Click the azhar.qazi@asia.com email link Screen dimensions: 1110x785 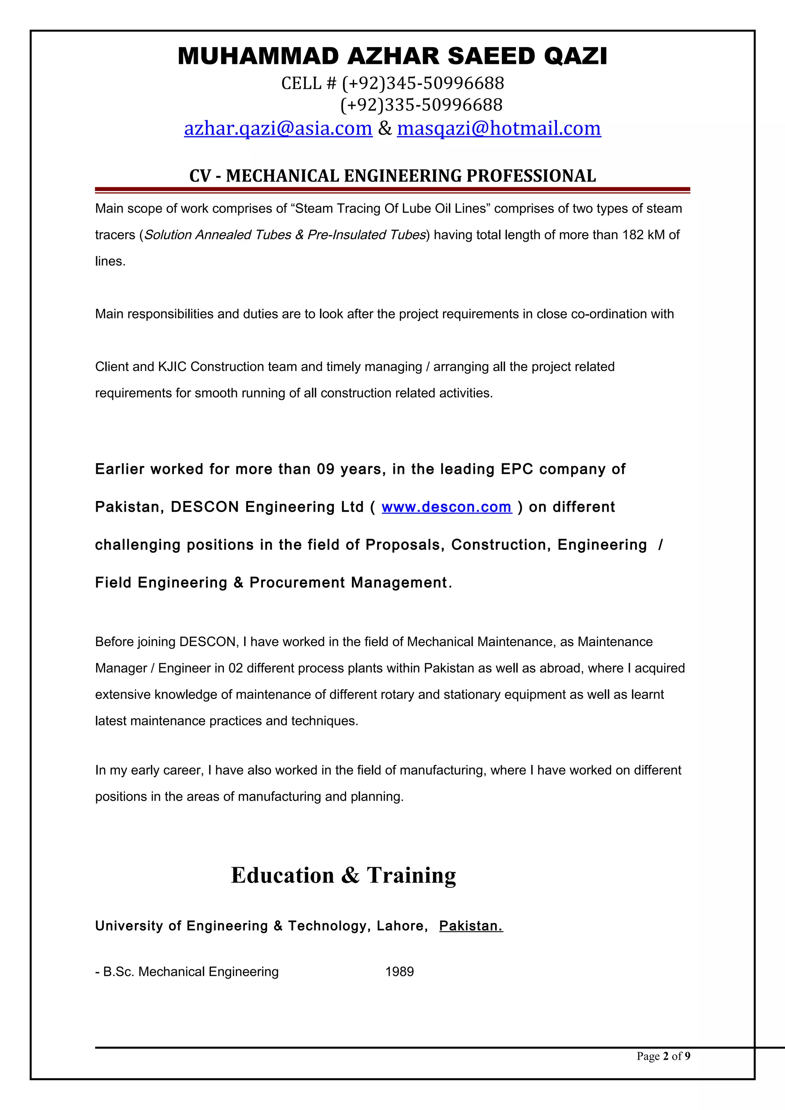click(278, 128)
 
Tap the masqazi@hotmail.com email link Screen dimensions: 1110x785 click(499, 128)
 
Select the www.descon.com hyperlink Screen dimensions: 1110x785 click(447, 507)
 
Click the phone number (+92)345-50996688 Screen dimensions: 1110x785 click(423, 83)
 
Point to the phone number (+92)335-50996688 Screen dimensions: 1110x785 click(421, 105)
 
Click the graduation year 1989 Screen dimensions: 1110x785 click(399, 972)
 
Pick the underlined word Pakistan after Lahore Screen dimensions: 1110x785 click(471, 926)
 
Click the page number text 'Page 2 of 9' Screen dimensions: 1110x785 click(663, 1056)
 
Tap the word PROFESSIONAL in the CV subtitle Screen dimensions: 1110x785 click(530, 176)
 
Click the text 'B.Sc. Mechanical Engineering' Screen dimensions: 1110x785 click(191, 972)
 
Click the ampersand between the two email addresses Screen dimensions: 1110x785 click(384, 128)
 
